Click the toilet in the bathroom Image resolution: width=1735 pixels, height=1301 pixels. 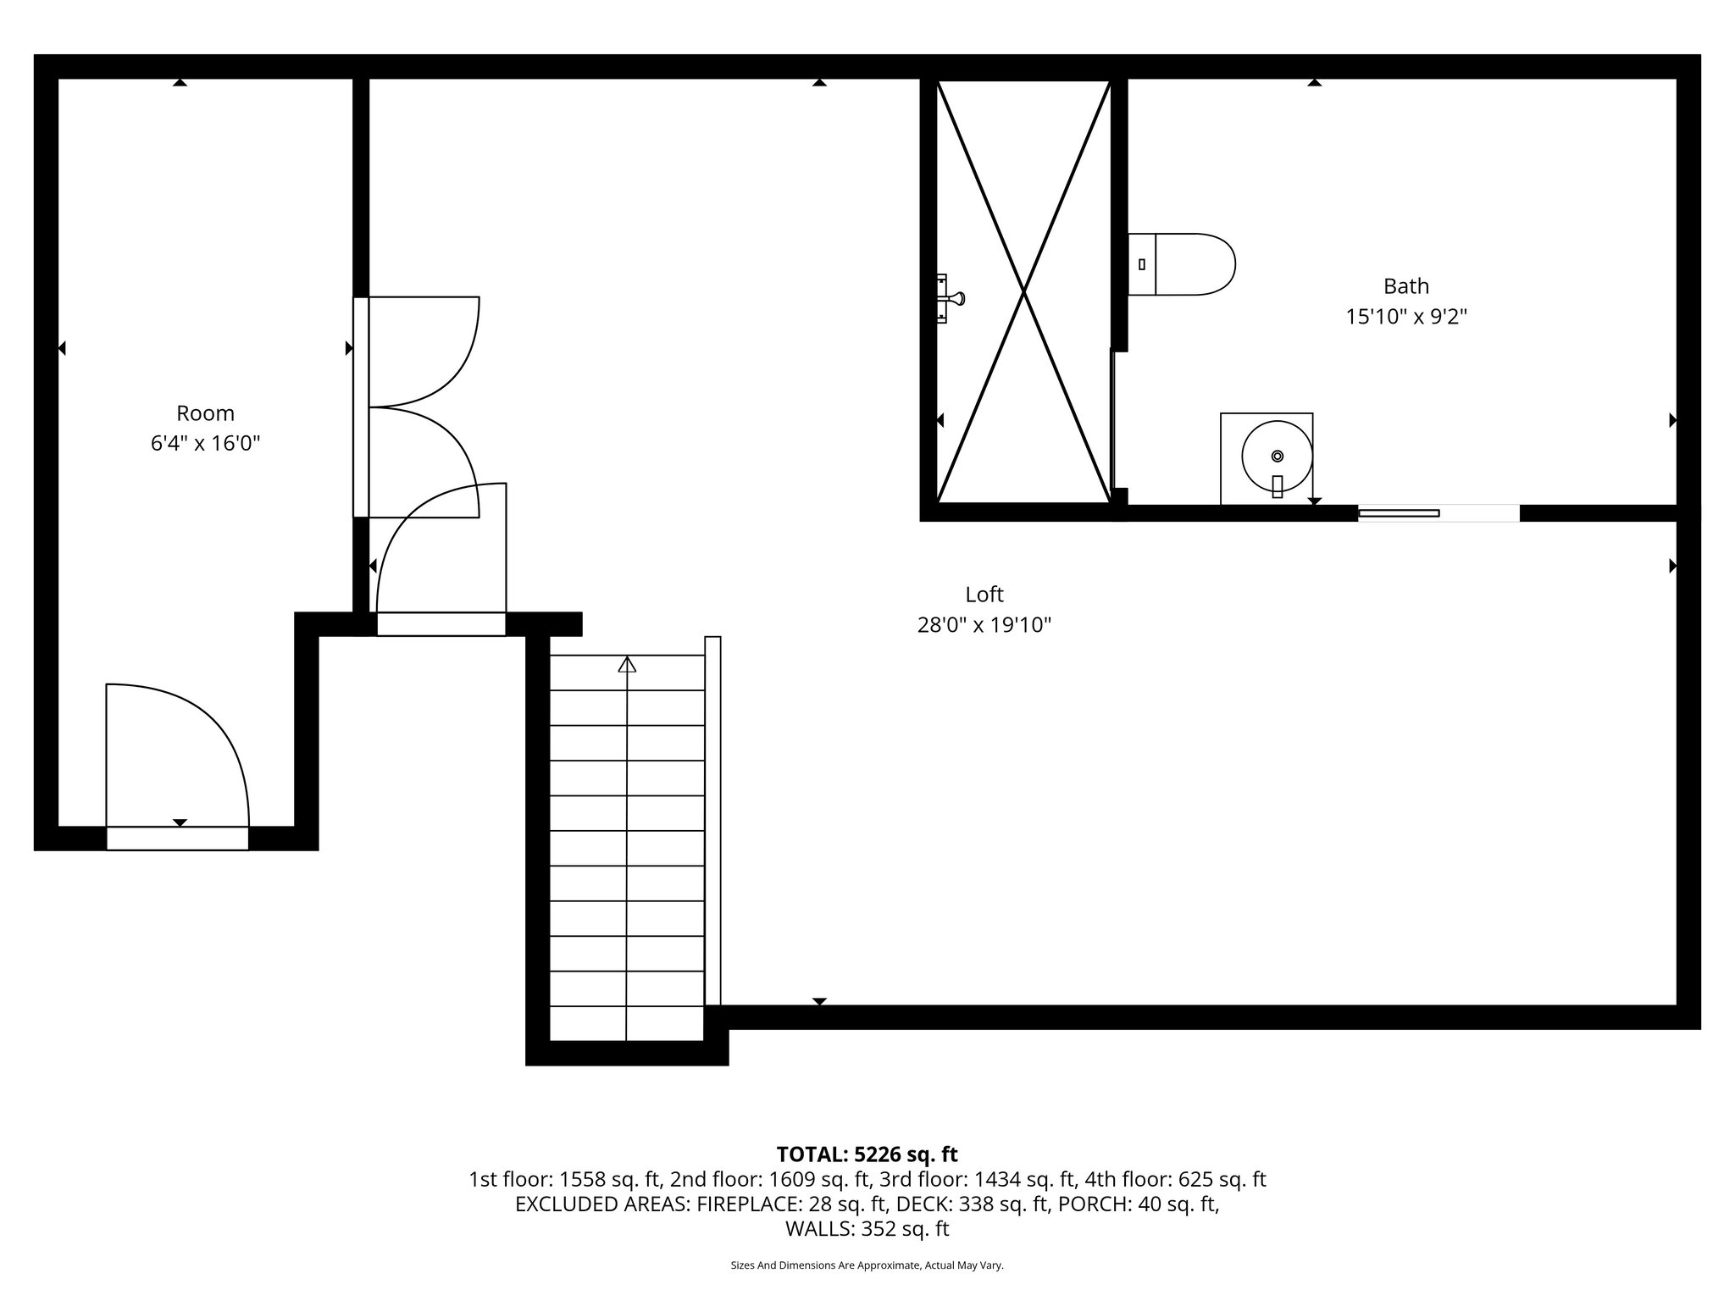coord(1186,264)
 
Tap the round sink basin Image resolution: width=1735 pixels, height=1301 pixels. coord(1277,457)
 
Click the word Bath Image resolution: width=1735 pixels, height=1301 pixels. coord(1406,286)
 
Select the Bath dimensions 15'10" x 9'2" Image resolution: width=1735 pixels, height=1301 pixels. coord(1406,317)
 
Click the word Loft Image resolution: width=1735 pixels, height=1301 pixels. coord(984,595)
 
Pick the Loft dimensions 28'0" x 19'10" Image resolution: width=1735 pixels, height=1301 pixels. coord(984,625)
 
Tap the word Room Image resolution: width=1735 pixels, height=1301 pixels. coord(205,413)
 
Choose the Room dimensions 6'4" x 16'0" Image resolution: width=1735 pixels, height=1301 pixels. coord(205,443)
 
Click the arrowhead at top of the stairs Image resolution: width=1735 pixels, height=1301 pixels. coord(627,665)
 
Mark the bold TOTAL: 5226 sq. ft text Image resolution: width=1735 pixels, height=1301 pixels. coord(867,1154)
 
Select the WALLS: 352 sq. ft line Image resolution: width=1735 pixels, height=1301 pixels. coord(867,1229)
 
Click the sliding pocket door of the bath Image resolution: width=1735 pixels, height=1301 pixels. coord(1399,513)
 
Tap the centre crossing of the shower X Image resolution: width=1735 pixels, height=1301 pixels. coord(1023,292)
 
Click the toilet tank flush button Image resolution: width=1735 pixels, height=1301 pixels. coord(1142,264)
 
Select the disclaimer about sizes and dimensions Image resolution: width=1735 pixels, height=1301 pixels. coord(867,1265)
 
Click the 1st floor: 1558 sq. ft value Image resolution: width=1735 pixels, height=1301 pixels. coord(565,1179)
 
